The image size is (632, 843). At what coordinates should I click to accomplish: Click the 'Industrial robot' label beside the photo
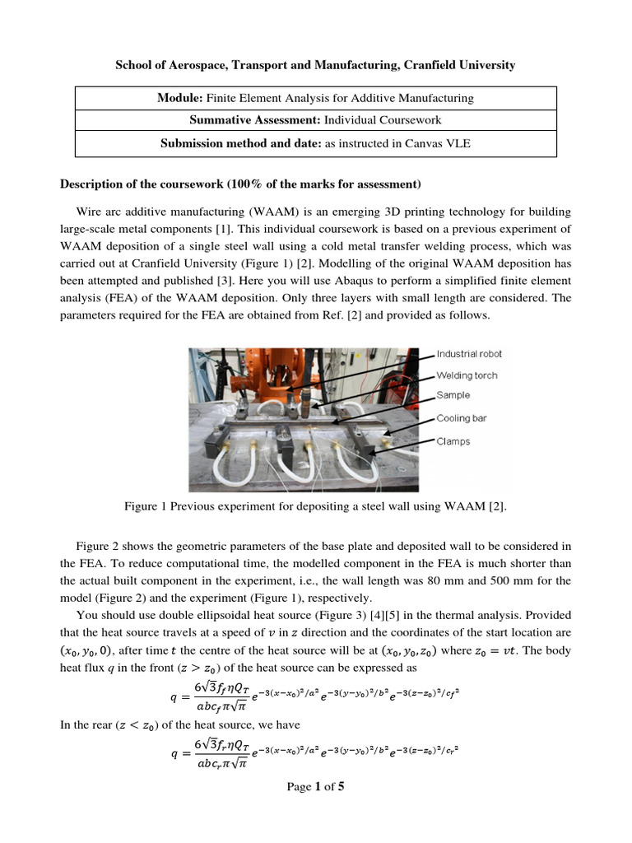point(468,354)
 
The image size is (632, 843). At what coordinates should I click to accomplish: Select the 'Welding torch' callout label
point(467,375)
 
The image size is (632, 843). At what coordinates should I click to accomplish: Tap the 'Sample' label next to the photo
point(453,396)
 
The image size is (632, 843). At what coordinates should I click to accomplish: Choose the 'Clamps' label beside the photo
point(453,441)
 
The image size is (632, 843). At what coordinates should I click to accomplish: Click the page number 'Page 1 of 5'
point(315,786)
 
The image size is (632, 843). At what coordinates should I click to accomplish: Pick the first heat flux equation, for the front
point(314,694)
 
